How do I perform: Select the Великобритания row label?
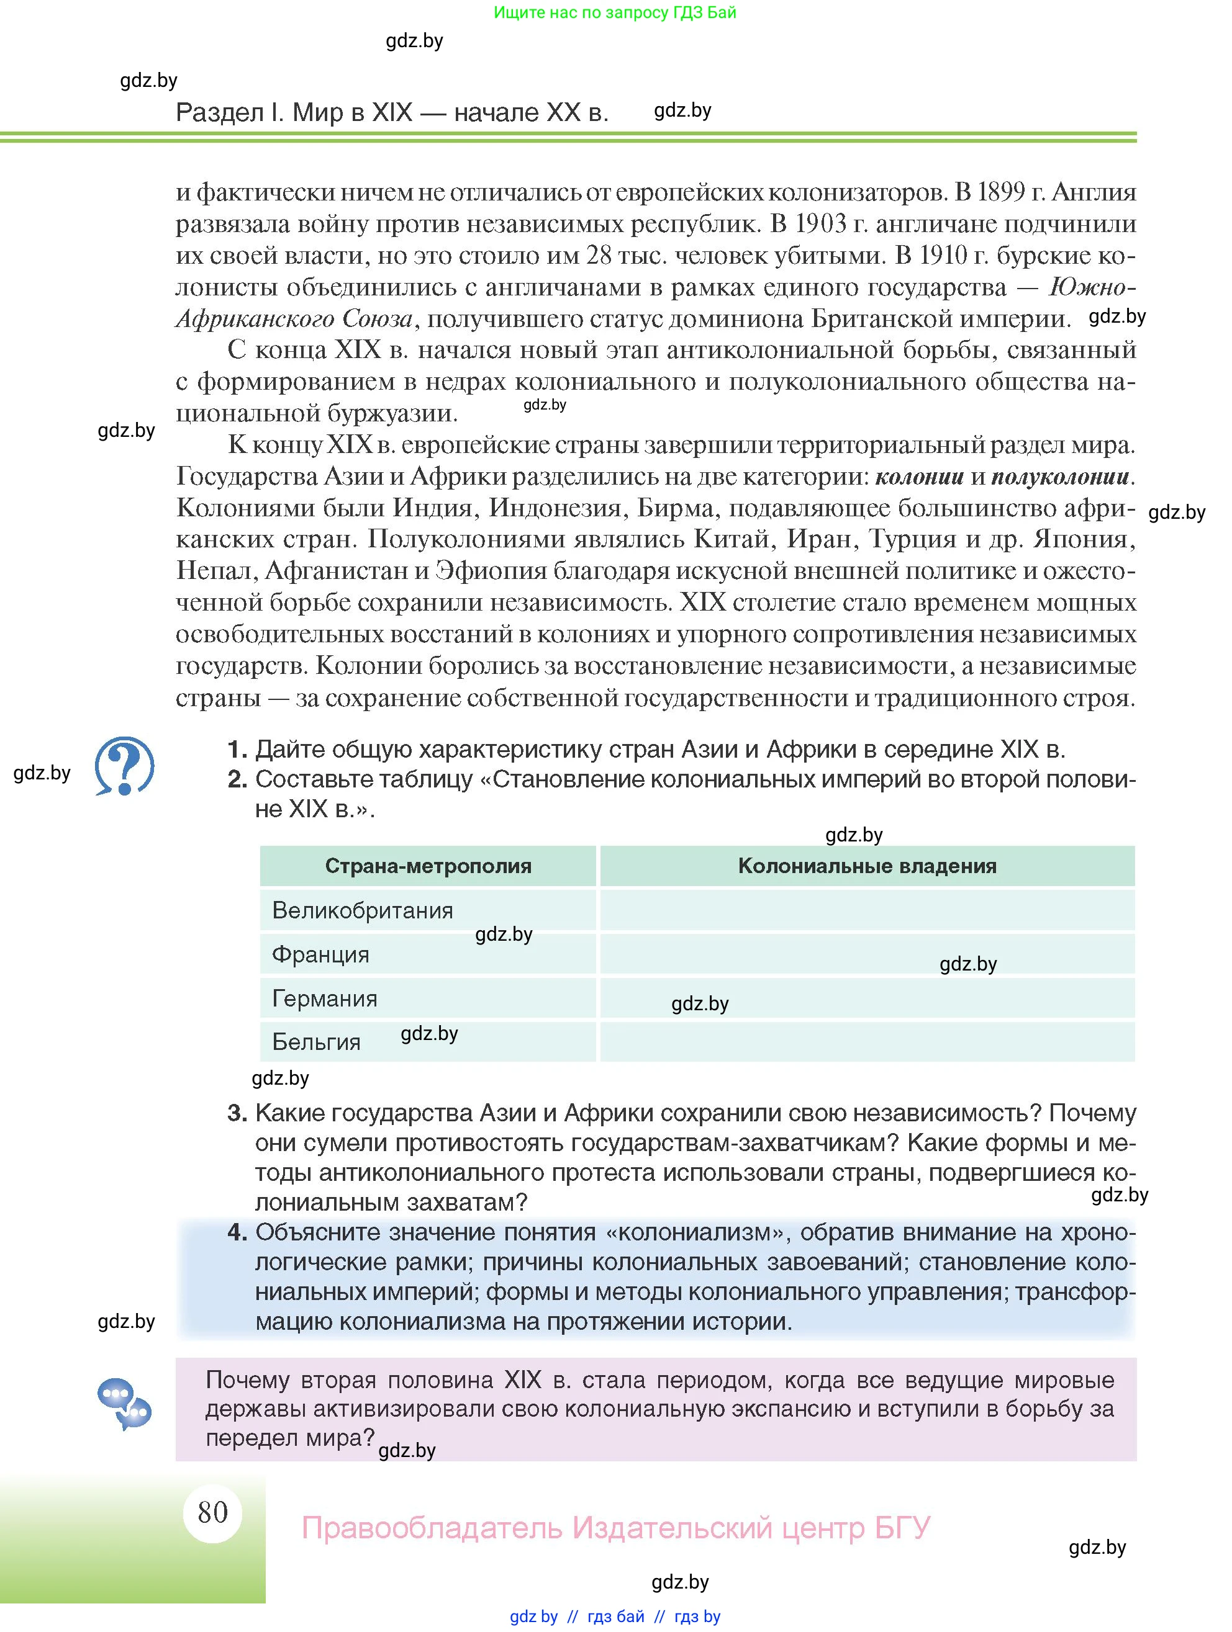(x=363, y=910)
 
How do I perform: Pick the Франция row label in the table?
(x=320, y=955)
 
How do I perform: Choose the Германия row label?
(x=325, y=998)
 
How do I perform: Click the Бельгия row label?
(x=316, y=1042)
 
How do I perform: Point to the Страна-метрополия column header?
(x=428, y=866)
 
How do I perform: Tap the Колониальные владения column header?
(x=867, y=866)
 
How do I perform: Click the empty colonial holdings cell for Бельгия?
(x=867, y=1042)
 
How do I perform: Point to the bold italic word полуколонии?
(x=1060, y=477)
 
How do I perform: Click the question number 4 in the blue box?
(x=236, y=1232)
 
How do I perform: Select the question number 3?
(x=236, y=1113)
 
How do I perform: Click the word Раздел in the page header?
(x=219, y=112)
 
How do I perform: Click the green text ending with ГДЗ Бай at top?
(x=615, y=12)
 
